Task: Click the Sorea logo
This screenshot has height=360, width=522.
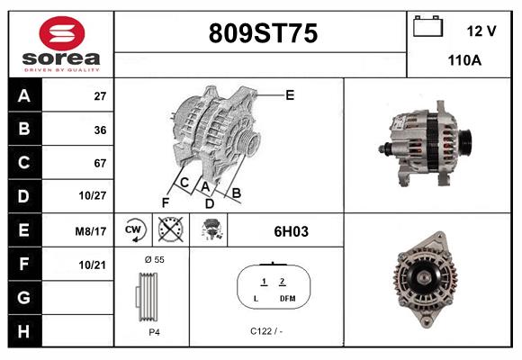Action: [60, 43]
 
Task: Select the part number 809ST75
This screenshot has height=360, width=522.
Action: [263, 34]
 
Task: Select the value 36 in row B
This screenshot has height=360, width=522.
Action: [100, 130]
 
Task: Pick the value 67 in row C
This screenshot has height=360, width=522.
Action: [100, 163]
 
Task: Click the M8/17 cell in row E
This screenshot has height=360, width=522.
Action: [92, 231]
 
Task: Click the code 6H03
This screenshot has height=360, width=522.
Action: [291, 231]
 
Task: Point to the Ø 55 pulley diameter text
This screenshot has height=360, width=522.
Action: [154, 259]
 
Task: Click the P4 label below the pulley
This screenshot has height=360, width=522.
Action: [154, 331]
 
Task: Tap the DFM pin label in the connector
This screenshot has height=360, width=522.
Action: [287, 298]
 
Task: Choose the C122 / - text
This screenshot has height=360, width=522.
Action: [267, 331]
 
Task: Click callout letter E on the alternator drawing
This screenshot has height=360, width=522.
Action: [290, 94]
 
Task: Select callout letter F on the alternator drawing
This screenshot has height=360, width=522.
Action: [165, 202]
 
